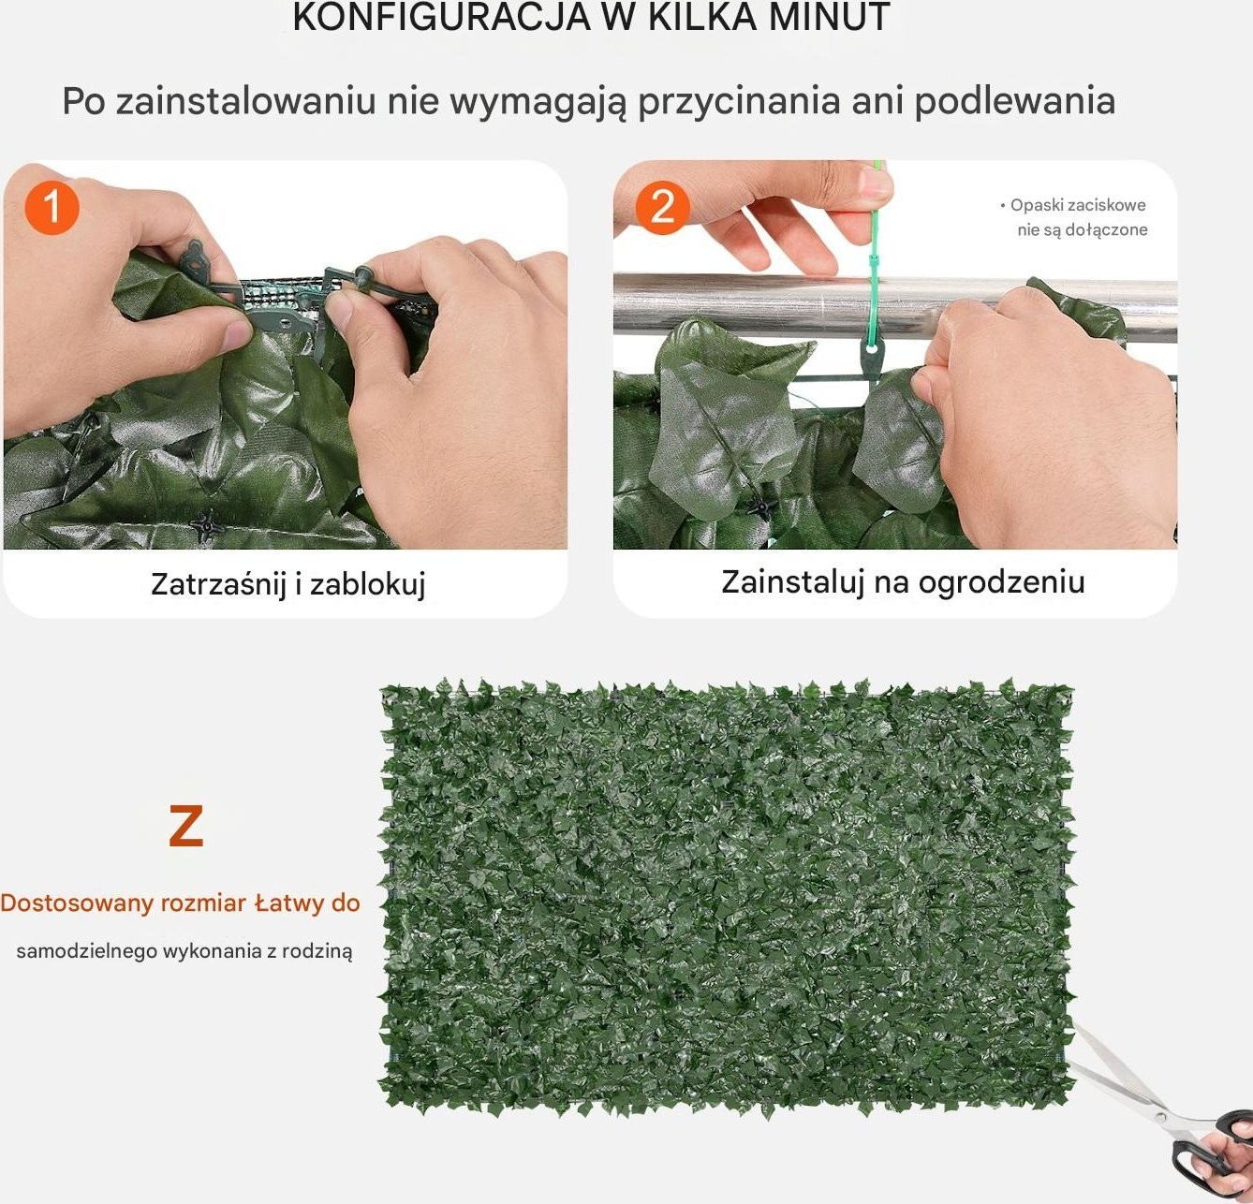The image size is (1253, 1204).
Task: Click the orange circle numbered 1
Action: tap(52, 208)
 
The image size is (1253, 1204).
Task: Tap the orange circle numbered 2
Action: tap(662, 207)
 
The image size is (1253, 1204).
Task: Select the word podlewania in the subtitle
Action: tap(1015, 101)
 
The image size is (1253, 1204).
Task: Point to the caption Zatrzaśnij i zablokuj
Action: tap(288, 584)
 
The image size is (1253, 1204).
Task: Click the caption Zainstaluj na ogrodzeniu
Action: tap(903, 582)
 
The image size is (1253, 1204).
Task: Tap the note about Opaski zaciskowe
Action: tap(1073, 217)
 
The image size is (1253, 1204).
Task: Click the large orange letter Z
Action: tap(186, 826)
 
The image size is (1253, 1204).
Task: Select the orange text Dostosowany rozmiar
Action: tap(123, 903)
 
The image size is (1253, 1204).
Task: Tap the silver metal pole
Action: tap(895, 306)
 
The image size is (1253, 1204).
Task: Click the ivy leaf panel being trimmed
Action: tap(727, 896)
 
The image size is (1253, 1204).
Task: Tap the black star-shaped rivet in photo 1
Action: tap(207, 526)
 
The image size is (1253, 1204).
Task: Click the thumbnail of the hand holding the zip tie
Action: tap(895, 354)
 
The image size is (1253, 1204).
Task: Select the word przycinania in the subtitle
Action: tap(739, 101)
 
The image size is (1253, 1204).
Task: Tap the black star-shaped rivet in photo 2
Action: tap(762, 508)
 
